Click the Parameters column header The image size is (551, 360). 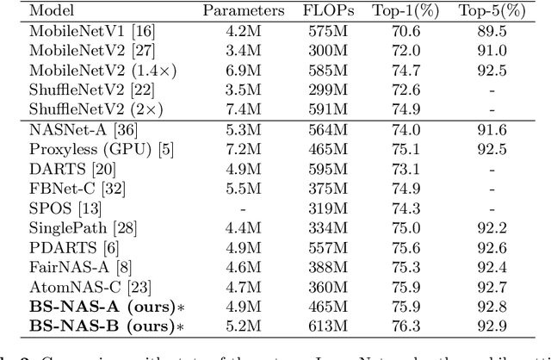pyautogui.click(x=243, y=12)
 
